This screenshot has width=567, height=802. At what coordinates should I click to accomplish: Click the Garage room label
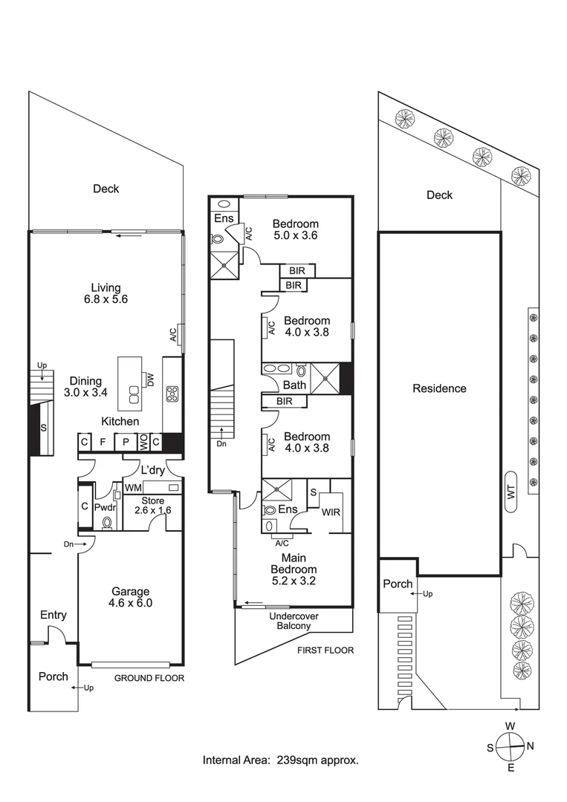pyautogui.click(x=131, y=597)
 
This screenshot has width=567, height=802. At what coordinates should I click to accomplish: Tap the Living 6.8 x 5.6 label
pyautogui.click(x=106, y=294)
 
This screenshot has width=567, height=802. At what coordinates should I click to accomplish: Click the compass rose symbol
pyautogui.click(x=510, y=746)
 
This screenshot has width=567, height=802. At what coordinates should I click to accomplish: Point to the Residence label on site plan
pyautogui.click(x=439, y=388)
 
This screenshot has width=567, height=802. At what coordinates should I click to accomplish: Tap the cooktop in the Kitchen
pyautogui.click(x=172, y=394)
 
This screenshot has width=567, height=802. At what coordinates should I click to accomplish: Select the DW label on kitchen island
pyautogui.click(x=151, y=379)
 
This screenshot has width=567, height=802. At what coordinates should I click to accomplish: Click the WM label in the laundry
pyautogui.click(x=134, y=488)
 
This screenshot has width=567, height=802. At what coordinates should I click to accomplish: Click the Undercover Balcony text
pyautogui.click(x=291, y=621)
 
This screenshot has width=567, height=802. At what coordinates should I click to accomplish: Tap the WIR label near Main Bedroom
pyautogui.click(x=331, y=512)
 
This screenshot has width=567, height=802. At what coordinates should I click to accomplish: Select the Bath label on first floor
pyautogui.click(x=295, y=385)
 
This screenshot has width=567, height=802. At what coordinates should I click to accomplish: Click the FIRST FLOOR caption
pyautogui.click(x=325, y=651)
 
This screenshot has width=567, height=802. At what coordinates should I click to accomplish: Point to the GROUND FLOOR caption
pyautogui.click(x=149, y=678)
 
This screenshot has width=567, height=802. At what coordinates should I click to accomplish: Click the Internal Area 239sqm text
pyautogui.click(x=281, y=760)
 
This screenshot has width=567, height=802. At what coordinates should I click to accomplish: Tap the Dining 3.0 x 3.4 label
pyautogui.click(x=85, y=387)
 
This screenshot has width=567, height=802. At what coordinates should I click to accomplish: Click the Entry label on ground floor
pyautogui.click(x=54, y=615)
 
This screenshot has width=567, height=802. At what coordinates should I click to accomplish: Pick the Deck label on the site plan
pyautogui.click(x=439, y=195)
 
